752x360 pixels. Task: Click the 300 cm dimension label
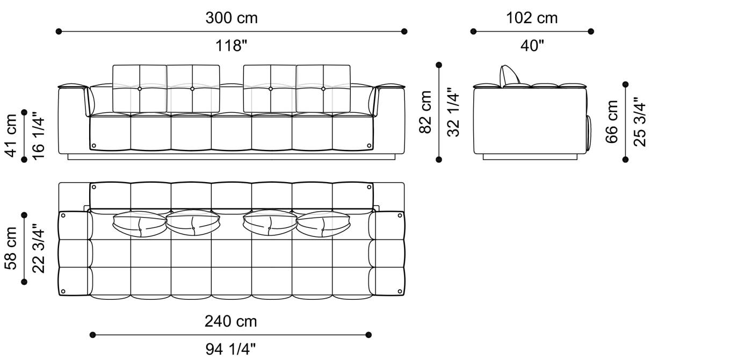click(x=232, y=18)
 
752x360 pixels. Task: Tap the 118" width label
click(x=232, y=46)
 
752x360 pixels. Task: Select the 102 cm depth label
click(x=532, y=18)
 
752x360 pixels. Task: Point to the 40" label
click(x=532, y=46)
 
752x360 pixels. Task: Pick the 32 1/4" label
click(x=454, y=112)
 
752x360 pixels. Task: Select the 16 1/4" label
click(x=39, y=135)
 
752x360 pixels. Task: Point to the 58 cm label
click(x=10, y=248)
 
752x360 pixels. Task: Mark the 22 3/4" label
click(x=39, y=248)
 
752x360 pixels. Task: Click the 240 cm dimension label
click(x=230, y=321)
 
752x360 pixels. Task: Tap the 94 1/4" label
click(x=230, y=350)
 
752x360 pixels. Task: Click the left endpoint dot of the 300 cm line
click(x=59, y=32)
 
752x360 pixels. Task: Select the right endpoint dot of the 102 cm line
click(x=591, y=32)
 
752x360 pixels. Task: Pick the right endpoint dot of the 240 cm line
click(x=368, y=335)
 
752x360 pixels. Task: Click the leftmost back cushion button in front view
click(x=140, y=89)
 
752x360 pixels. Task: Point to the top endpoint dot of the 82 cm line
click(x=439, y=65)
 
